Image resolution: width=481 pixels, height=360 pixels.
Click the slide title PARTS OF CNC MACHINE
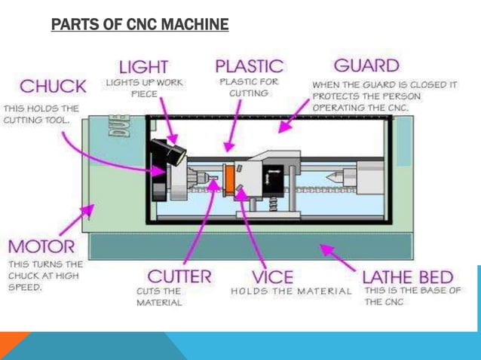pos(139,26)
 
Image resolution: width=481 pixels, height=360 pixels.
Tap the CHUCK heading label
pos(53,86)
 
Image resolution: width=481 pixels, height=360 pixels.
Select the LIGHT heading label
pos(143,66)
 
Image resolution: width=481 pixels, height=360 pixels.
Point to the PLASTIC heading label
pos(250,66)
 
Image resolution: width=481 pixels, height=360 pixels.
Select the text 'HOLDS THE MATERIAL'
pos(291,291)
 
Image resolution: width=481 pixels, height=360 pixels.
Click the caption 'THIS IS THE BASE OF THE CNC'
pos(412,296)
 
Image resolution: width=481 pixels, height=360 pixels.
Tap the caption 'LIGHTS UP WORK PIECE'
pos(143,87)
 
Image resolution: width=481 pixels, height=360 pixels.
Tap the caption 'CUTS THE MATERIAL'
pos(159,296)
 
